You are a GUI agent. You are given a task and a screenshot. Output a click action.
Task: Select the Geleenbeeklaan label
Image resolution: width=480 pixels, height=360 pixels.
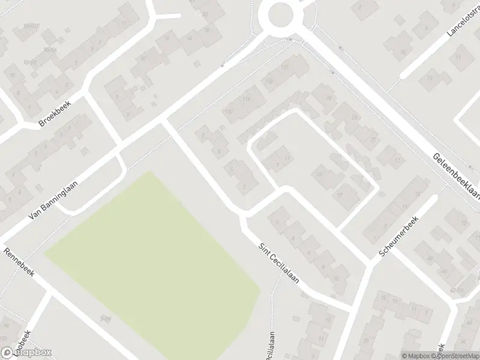click(x=457, y=174)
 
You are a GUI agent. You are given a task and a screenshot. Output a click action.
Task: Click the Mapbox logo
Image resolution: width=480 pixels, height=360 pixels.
click(x=26, y=353)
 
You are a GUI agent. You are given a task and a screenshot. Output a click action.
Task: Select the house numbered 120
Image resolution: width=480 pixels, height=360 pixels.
click(x=284, y=66)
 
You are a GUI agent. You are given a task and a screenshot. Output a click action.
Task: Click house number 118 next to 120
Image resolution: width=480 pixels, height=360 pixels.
click(x=269, y=81)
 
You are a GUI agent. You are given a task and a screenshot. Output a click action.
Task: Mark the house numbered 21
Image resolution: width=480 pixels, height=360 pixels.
click(x=373, y=139)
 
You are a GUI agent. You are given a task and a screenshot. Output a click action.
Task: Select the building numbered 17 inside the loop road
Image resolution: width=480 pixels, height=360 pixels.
click(x=340, y=195)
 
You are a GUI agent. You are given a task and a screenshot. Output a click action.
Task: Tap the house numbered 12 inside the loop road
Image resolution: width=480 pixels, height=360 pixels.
click(x=320, y=175)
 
